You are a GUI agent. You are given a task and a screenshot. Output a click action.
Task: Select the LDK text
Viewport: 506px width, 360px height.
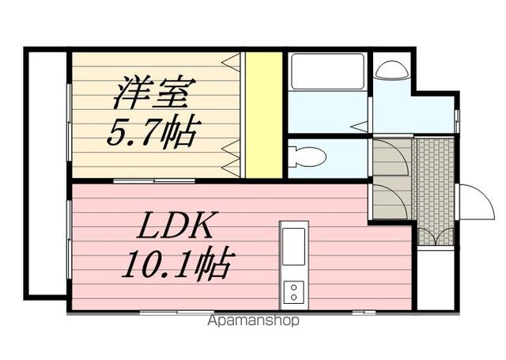point(175,227)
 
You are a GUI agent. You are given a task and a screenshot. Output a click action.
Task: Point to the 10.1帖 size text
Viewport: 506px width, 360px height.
point(176,263)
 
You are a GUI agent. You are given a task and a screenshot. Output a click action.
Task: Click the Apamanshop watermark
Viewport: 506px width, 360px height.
point(254,321)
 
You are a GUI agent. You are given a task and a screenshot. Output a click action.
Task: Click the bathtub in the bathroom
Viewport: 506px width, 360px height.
point(327,71)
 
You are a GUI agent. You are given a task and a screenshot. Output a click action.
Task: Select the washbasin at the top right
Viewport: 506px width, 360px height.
point(390,70)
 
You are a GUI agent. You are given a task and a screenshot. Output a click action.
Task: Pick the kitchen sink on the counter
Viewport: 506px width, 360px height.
point(293,247)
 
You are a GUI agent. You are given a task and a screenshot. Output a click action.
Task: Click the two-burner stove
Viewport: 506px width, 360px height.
point(293,291)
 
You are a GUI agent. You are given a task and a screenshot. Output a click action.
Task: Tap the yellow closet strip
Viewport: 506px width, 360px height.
point(264,115)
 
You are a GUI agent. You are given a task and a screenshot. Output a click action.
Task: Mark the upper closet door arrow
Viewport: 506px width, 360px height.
point(232,61)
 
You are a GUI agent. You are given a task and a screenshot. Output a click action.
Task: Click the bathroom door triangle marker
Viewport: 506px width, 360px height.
point(360,125)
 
